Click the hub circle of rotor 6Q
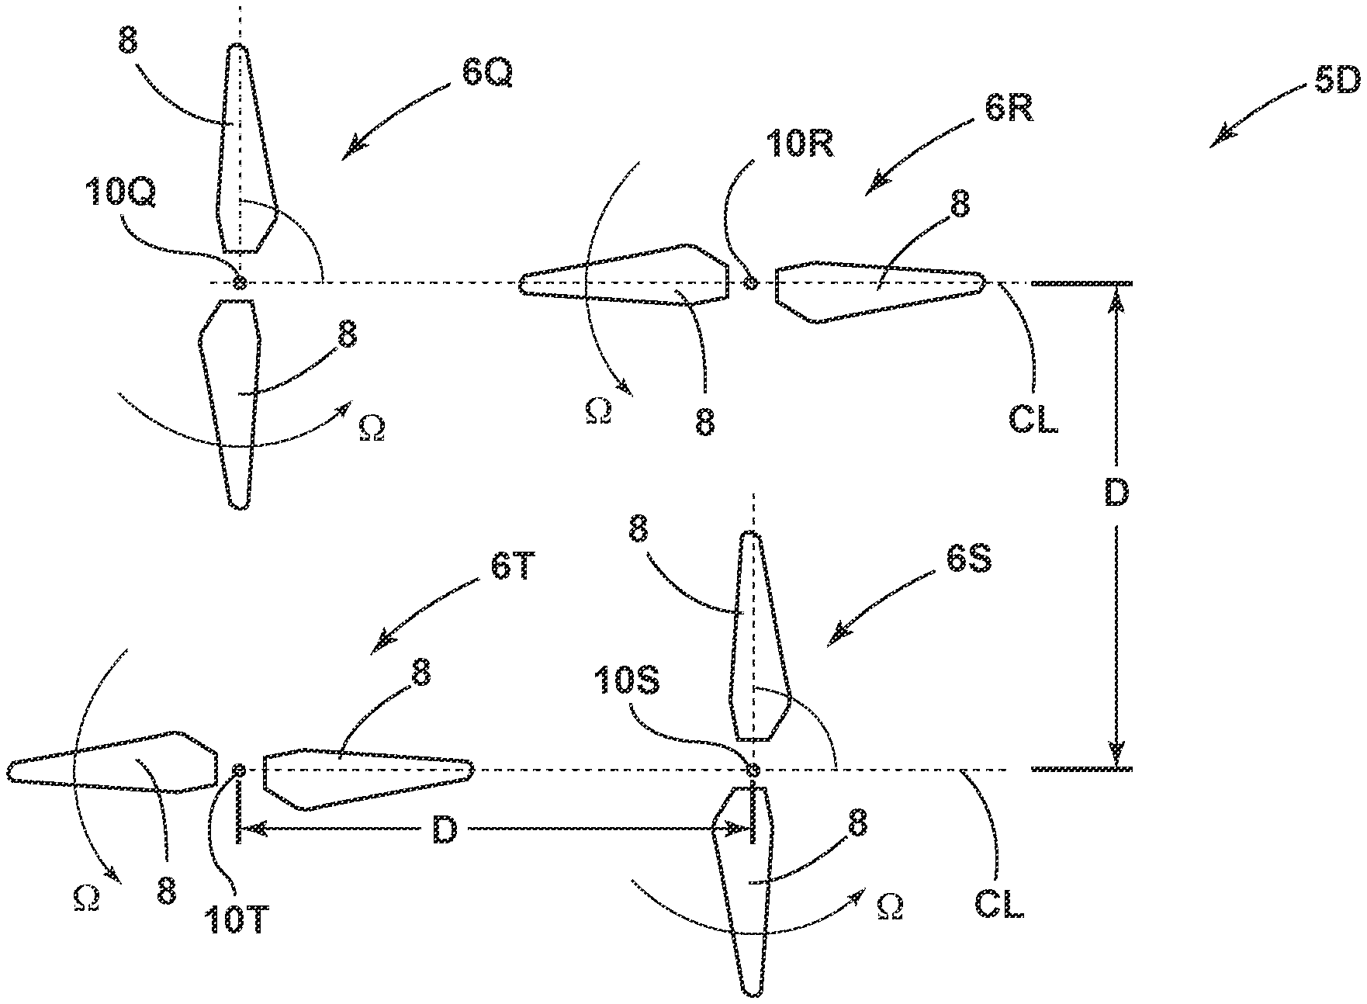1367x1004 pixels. click(240, 283)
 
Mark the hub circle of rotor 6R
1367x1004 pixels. click(750, 283)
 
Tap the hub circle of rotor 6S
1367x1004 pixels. click(751, 770)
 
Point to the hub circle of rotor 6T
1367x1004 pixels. click(239, 770)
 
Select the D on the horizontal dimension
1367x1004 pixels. click(445, 830)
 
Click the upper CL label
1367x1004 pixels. click(1035, 420)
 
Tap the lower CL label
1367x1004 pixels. click(999, 905)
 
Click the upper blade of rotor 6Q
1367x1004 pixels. click(244, 147)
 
